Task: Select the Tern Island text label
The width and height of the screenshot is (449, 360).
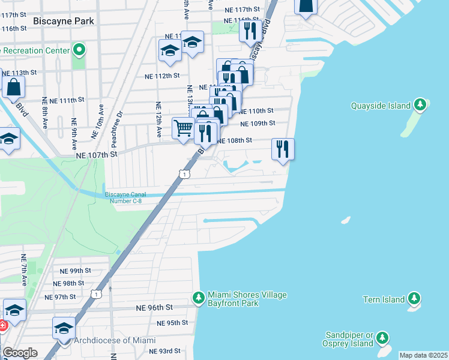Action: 384,299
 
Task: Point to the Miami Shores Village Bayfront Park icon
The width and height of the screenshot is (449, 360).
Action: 199,298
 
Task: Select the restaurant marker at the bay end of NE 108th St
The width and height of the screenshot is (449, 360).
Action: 283,148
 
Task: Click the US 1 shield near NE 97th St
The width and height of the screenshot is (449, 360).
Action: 95,293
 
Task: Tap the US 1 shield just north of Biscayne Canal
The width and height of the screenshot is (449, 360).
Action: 185,174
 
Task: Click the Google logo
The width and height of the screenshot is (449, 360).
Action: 20,353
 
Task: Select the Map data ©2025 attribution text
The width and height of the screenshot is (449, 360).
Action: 423,355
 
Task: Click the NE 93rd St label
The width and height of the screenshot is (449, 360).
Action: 164,351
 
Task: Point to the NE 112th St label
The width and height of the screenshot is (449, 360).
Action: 162,76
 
